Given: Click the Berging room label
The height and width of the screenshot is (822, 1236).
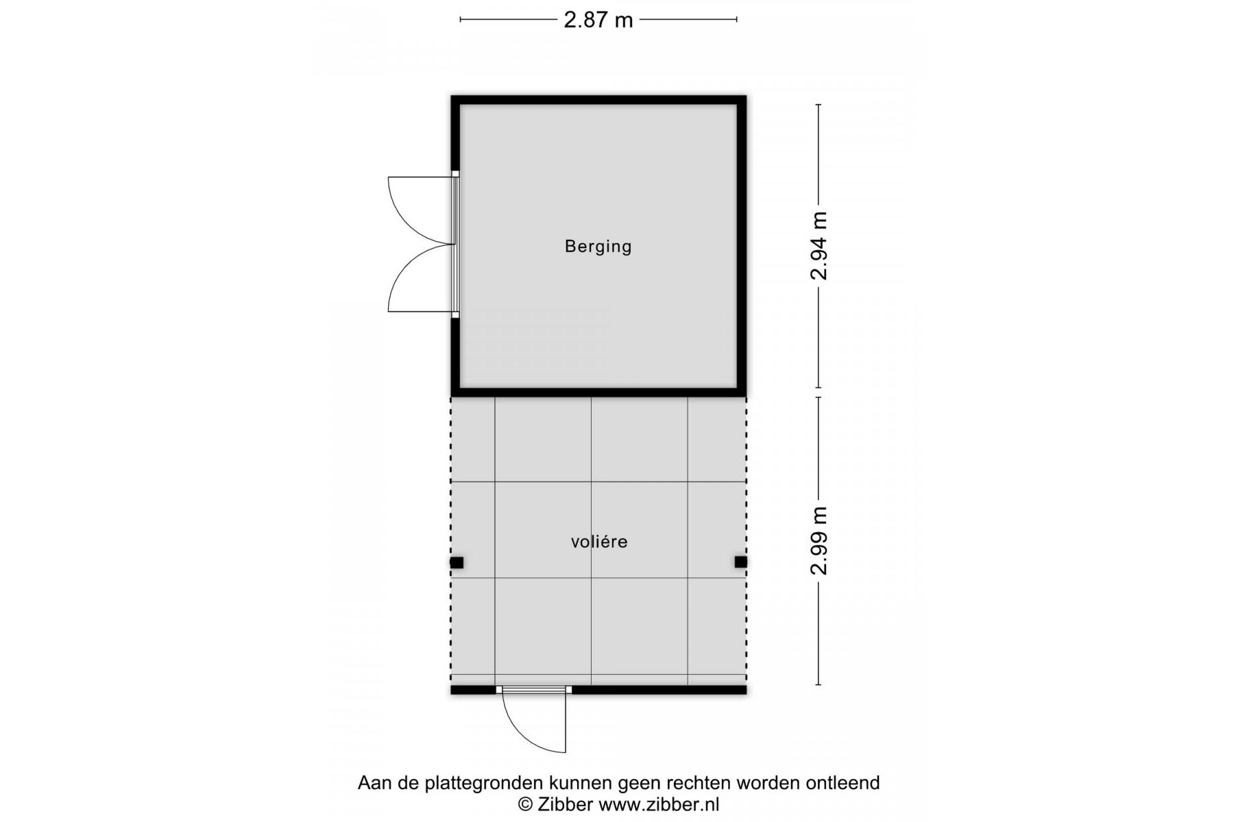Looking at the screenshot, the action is click(x=598, y=247).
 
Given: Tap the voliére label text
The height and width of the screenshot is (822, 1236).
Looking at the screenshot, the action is click(x=599, y=542).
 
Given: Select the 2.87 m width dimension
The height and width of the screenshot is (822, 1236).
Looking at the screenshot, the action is click(x=598, y=20).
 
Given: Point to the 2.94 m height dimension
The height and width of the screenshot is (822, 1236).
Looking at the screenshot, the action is click(x=819, y=246).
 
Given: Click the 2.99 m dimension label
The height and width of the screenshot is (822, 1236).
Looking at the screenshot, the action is click(x=819, y=540).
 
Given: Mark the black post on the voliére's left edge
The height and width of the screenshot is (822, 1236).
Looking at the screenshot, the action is click(x=457, y=562).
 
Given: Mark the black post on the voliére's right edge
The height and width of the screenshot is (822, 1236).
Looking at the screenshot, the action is click(x=741, y=562).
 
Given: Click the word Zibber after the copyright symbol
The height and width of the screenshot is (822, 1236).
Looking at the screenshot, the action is click(x=565, y=804).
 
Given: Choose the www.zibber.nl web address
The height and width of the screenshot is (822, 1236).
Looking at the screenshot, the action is click(x=659, y=804).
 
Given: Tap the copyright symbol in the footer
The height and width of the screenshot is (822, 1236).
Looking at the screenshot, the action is click(x=525, y=805).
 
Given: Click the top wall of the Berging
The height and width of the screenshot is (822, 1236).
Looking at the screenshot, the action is click(x=598, y=100).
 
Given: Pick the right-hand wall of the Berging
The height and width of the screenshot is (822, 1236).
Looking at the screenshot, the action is click(x=742, y=246).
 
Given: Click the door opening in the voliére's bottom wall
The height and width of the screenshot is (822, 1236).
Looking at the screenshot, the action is click(x=534, y=690).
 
